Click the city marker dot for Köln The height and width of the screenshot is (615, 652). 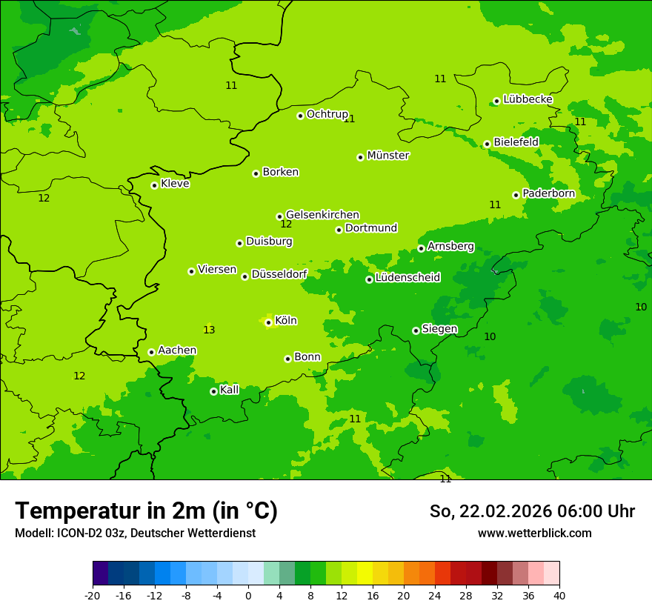[268, 322]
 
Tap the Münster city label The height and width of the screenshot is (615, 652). [387, 156]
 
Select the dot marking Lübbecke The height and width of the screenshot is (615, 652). [496, 101]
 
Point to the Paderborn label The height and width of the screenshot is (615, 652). [548, 193]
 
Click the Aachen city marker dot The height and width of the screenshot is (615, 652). [151, 352]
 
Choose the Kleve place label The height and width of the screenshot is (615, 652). [175, 184]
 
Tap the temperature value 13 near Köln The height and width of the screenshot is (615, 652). [209, 330]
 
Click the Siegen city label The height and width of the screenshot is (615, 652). [439, 329]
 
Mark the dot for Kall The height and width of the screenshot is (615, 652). [213, 391]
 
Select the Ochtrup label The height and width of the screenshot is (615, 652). [327, 114]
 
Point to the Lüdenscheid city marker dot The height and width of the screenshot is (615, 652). [369, 279]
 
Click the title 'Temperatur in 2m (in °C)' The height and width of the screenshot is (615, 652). [146, 511]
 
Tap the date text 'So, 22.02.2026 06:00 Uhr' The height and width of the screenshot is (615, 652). [532, 511]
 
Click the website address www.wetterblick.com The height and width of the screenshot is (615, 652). [534, 533]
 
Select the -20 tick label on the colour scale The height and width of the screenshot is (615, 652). [93, 595]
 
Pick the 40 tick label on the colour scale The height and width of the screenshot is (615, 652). [559, 595]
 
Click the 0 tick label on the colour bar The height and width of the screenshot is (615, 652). [248, 595]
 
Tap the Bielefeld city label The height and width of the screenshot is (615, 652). [516, 142]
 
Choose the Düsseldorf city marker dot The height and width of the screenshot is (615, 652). [245, 276]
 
